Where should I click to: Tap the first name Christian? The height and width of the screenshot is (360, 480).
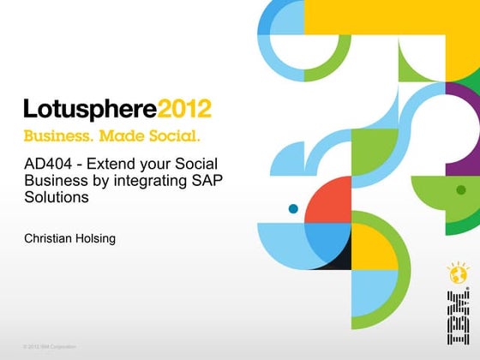[x=51, y=237]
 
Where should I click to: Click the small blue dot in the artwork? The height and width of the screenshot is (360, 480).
[x=293, y=208]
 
